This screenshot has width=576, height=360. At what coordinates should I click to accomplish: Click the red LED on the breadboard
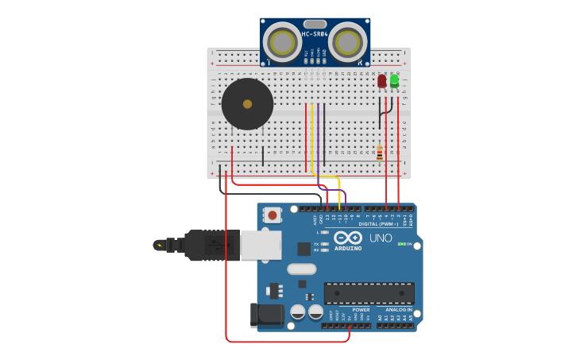tap(382, 81)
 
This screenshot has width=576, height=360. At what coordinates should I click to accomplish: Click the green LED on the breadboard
tap(394, 80)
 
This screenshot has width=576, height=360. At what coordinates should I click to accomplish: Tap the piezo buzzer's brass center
tap(247, 104)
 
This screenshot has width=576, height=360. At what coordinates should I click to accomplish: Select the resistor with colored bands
tap(380, 153)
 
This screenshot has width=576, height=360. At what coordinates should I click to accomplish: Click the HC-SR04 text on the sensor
tap(315, 34)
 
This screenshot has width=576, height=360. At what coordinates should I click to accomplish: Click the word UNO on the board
tap(381, 238)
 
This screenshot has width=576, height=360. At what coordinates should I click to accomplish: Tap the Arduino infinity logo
tap(348, 238)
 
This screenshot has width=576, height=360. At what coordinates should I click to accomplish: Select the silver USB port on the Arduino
tap(261, 245)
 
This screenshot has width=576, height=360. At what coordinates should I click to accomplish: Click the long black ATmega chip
tap(369, 292)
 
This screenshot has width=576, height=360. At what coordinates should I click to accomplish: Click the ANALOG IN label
tap(398, 310)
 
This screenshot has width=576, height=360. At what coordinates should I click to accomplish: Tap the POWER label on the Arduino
tap(361, 310)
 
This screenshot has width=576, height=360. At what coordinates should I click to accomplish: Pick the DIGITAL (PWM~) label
tap(379, 224)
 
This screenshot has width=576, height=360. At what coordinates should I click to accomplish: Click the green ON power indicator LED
tap(401, 244)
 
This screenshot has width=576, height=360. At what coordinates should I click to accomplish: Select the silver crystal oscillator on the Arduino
tap(302, 269)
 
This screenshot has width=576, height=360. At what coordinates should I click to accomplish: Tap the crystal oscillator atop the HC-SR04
tap(315, 24)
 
